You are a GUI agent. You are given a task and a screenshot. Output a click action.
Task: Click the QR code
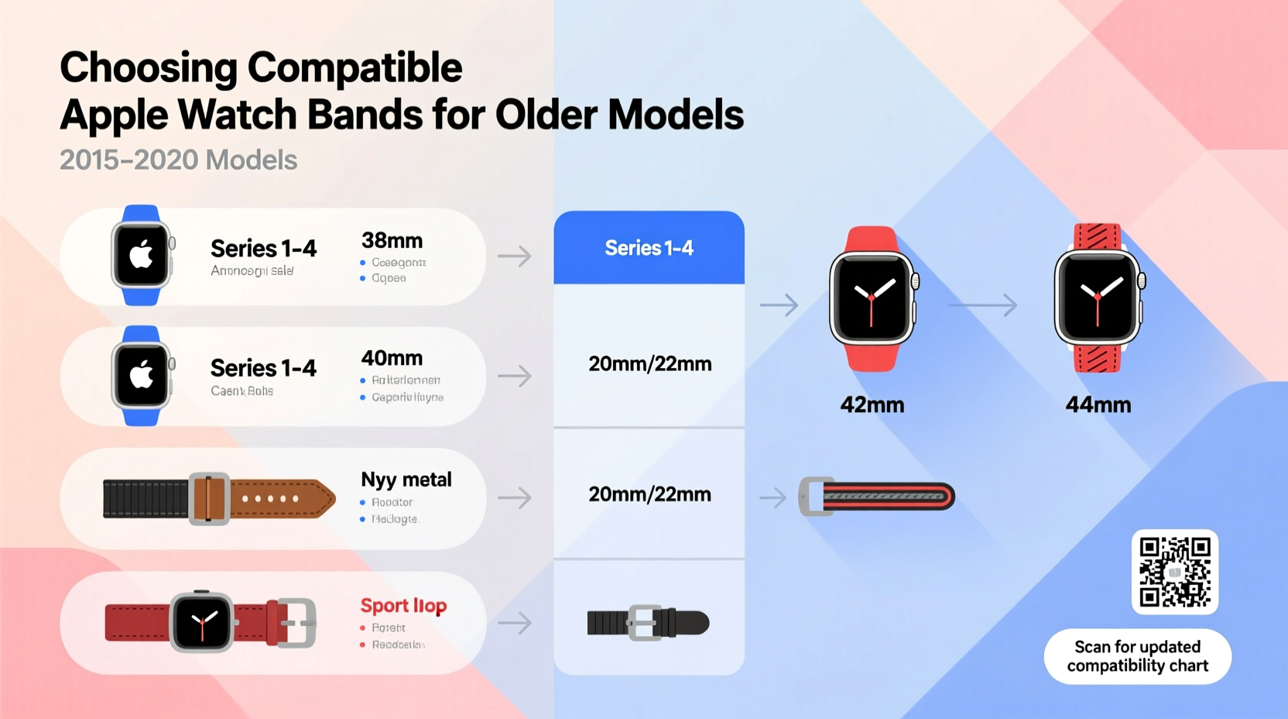tap(1174, 572)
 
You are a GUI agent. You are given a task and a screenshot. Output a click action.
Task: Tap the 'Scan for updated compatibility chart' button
tap(1137, 656)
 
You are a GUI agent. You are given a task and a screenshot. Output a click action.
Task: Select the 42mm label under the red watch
tap(872, 404)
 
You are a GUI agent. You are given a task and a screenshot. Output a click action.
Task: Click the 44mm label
tap(1098, 404)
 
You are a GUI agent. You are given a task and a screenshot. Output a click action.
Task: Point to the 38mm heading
tap(392, 240)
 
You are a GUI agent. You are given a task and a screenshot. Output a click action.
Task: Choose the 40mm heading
tap(392, 358)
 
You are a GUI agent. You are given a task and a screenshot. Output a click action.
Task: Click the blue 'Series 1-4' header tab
tap(649, 248)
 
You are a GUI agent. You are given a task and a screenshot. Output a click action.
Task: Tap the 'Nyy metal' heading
tap(406, 480)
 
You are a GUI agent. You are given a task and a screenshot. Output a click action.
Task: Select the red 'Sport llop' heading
tap(403, 605)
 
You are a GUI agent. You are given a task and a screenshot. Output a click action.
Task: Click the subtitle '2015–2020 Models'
tap(178, 160)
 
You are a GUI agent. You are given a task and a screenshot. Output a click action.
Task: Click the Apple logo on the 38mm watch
tap(141, 254)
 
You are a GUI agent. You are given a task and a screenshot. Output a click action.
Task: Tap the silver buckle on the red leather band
tap(297, 622)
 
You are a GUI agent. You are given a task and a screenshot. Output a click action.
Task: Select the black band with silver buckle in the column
tap(648, 622)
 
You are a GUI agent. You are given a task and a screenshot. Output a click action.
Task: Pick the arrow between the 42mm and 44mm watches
tap(982, 305)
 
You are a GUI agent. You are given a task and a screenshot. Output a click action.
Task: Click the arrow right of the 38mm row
tap(514, 256)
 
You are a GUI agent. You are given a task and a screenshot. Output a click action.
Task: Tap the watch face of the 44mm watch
tap(1097, 298)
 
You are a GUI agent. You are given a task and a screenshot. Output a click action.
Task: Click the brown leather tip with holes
tap(283, 498)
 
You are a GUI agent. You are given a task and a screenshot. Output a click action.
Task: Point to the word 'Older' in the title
tap(546, 115)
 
